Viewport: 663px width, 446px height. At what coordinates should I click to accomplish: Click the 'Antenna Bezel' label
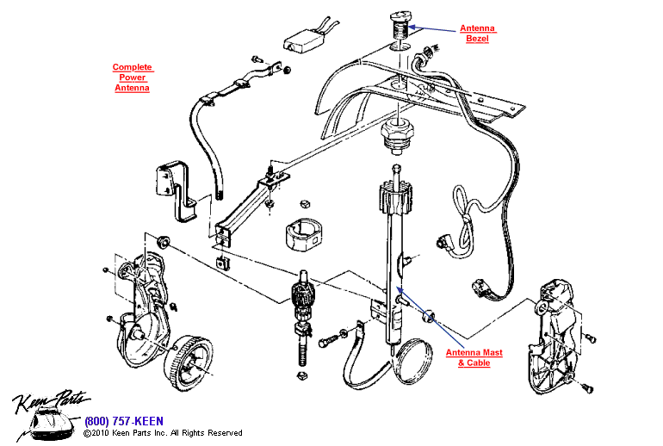pyautogui.click(x=477, y=34)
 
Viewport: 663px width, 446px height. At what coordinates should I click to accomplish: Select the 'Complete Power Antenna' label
pyautogui.click(x=132, y=77)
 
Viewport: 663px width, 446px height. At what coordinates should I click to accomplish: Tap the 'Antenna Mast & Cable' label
pyautogui.click(x=474, y=358)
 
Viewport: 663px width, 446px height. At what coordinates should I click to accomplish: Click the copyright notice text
pyautogui.click(x=163, y=433)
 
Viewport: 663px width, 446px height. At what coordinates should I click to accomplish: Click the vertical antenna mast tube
pyautogui.click(x=396, y=258)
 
